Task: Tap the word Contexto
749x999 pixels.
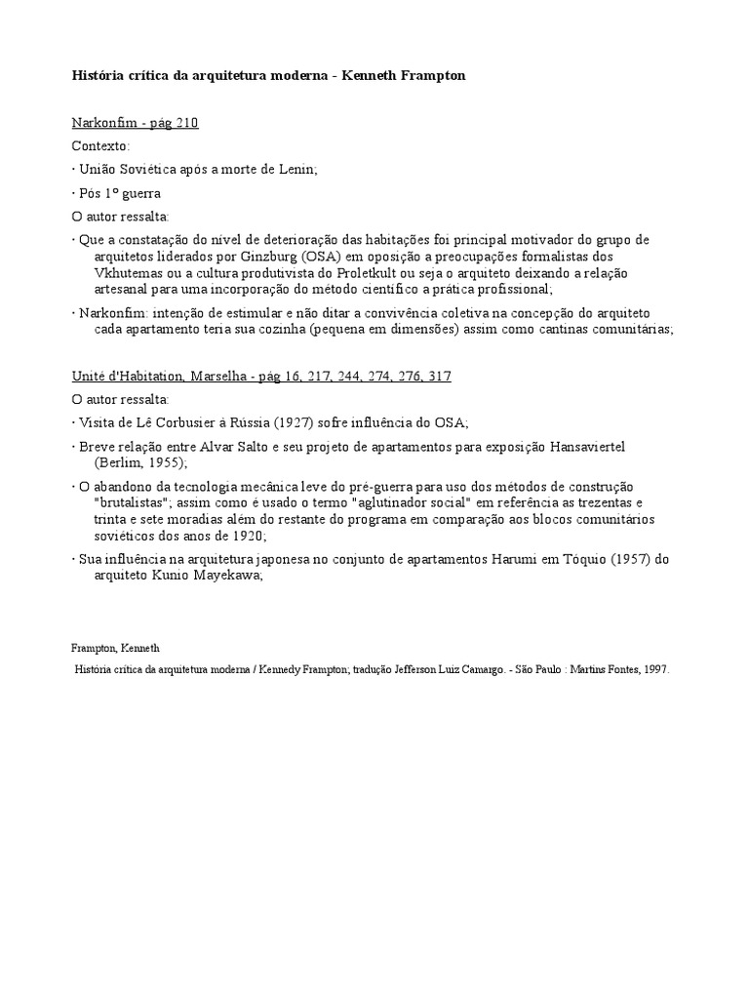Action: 99,145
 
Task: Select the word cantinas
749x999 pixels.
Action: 554,329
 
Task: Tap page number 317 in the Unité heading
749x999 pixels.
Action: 439,376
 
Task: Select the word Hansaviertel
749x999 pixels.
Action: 583,446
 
